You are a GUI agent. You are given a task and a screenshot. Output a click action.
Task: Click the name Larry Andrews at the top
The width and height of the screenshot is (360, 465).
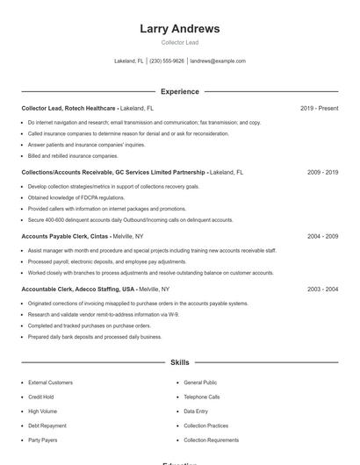click(179, 29)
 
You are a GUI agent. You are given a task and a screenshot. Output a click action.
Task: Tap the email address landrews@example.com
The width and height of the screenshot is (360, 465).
click(218, 61)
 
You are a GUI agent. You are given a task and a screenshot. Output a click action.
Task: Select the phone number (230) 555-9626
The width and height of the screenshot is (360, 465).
click(167, 61)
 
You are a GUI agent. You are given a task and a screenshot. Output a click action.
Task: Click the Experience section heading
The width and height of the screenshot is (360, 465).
click(179, 91)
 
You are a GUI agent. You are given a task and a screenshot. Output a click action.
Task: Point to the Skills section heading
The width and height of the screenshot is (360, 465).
click(179, 361)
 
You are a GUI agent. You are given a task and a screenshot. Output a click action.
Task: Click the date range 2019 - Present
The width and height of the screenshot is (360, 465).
click(319, 108)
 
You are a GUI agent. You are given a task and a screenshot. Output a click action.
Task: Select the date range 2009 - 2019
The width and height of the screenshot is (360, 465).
click(322, 172)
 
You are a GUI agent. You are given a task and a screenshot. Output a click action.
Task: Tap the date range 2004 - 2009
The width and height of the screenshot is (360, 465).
click(322, 236)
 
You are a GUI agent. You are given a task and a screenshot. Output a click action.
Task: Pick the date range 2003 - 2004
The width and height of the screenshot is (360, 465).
click(322, 289)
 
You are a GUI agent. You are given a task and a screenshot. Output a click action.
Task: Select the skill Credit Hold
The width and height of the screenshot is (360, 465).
click(41, 397)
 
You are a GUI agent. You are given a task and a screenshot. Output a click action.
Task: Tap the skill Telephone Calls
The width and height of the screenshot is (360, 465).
click(202, 397)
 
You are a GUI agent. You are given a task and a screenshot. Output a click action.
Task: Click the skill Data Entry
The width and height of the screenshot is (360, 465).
click(196, 411)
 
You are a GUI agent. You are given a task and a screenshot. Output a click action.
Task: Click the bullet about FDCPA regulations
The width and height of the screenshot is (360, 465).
click(76, 197)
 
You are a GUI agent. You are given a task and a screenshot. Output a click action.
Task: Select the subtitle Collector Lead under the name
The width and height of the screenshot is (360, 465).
click(179, 42)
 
